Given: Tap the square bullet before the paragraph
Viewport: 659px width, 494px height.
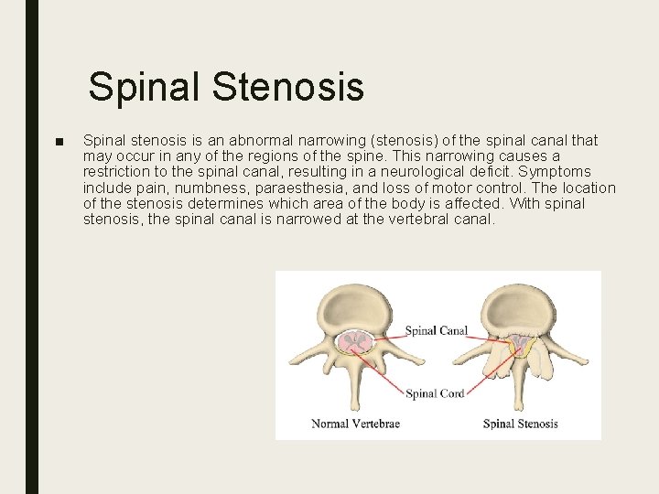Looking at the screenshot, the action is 59,142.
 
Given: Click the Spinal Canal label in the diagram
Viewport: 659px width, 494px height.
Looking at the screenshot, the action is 436,330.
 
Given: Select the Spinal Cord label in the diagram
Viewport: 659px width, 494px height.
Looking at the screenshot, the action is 435,393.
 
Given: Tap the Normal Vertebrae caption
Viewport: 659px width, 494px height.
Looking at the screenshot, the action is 355,424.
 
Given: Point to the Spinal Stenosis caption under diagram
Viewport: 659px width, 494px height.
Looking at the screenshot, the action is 520,424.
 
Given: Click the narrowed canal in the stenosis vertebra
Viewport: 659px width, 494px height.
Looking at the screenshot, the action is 520,344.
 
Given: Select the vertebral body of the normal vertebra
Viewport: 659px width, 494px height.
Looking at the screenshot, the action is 351,307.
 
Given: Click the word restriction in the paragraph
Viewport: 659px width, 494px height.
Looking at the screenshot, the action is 115,172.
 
